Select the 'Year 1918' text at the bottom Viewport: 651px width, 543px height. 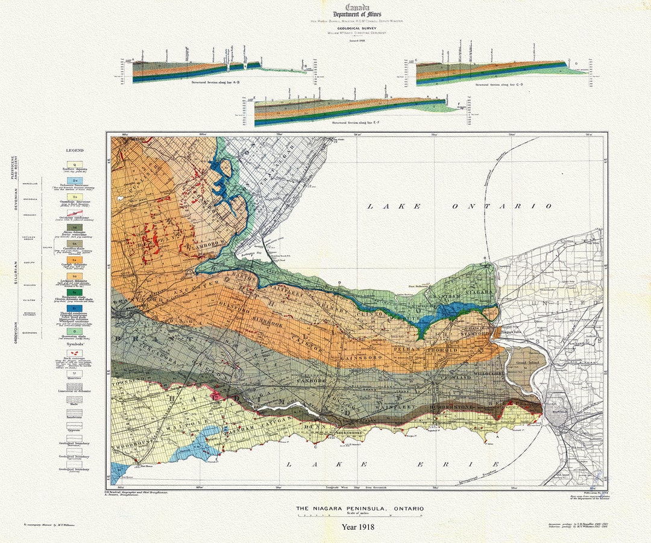click(x=358, y=527)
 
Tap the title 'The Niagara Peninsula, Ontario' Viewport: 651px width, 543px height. click(x=359, y=509)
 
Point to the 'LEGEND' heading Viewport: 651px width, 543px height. click(x=75, y=150)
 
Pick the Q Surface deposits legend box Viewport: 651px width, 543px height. click(x=75, y=164)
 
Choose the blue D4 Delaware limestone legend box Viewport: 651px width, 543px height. click(x=75, y=180)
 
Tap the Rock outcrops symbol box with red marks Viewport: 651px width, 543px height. click(x=75, y=353)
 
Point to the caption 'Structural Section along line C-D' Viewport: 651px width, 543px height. click(x=498, y=85)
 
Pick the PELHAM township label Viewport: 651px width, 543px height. click(x=409, y=349)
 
